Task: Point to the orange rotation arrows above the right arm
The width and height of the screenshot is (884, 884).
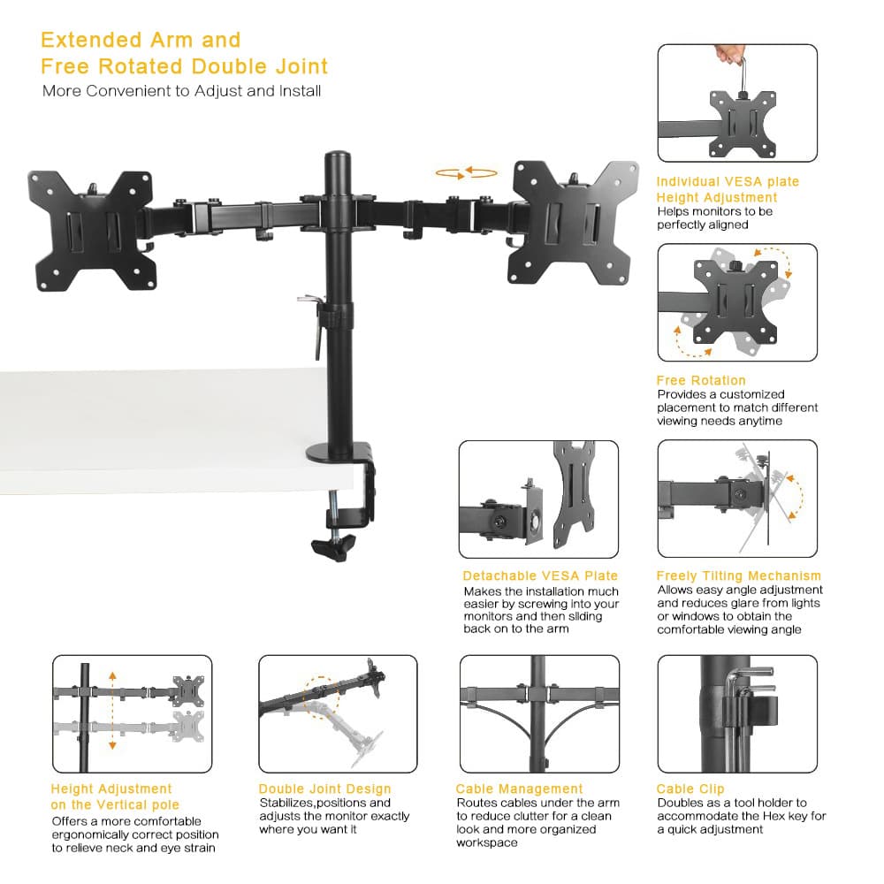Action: [467, 172]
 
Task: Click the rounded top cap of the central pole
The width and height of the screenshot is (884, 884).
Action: [338, 161]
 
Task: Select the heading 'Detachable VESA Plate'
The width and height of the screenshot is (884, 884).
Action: [540, 575]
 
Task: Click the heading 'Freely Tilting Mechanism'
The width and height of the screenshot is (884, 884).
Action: [738, 575]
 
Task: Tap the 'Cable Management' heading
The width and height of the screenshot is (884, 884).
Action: [519, 789]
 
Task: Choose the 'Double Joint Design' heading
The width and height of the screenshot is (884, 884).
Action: [324, 789]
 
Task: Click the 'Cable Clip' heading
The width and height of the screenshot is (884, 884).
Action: [690, 789]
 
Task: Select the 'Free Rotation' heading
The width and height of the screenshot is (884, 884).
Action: [700, 380]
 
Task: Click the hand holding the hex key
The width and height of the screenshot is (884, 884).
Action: [730, 54]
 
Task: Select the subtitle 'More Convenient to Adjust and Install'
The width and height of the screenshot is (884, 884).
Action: [181, 91]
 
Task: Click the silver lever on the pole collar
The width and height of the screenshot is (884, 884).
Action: [310, 302]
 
